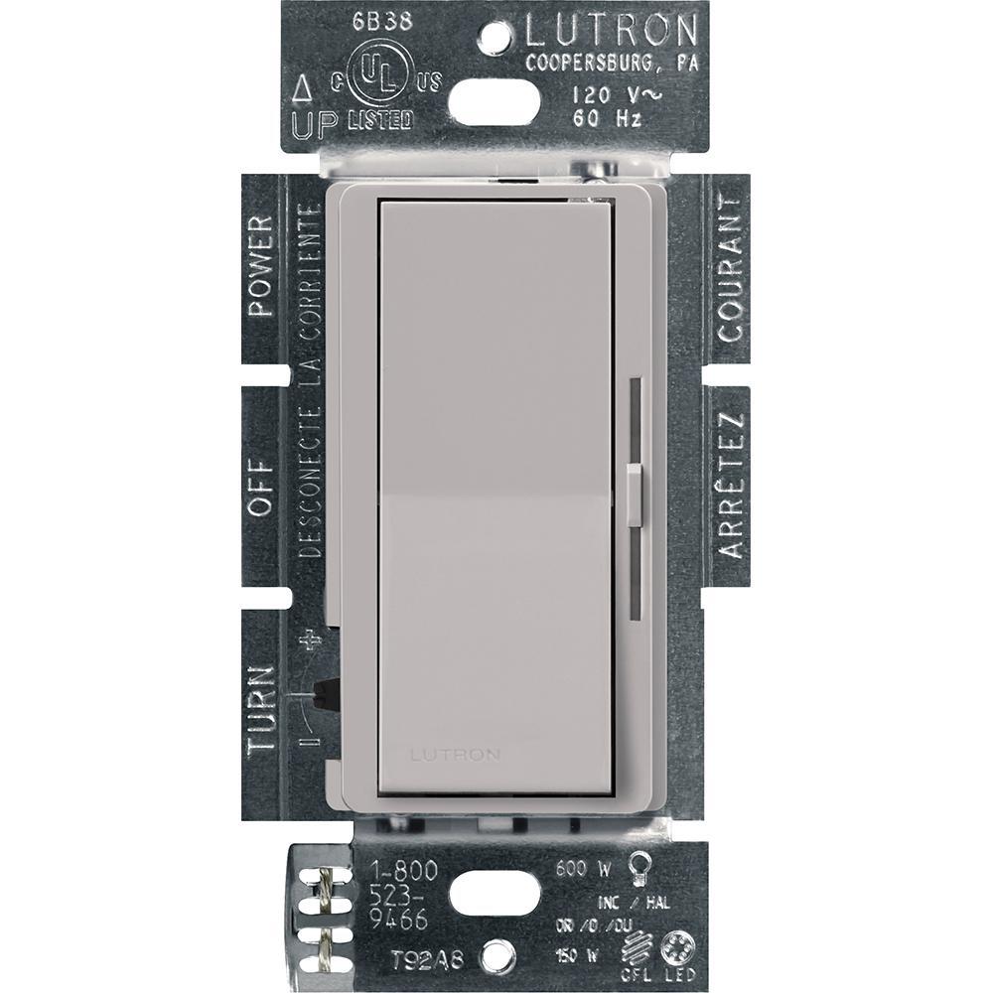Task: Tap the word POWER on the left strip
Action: coord(260,267)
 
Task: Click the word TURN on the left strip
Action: coord(260,707)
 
